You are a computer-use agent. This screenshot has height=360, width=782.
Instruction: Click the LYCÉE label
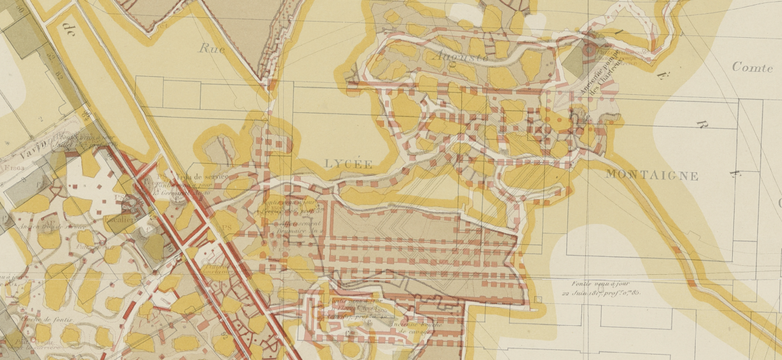point(348,164)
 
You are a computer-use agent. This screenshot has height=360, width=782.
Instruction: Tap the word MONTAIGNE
point(652,176)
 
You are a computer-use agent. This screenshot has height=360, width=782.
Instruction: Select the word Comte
point(752,68)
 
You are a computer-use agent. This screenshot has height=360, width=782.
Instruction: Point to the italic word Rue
point(212,49)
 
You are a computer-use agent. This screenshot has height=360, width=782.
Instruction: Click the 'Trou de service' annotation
point(202,176)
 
